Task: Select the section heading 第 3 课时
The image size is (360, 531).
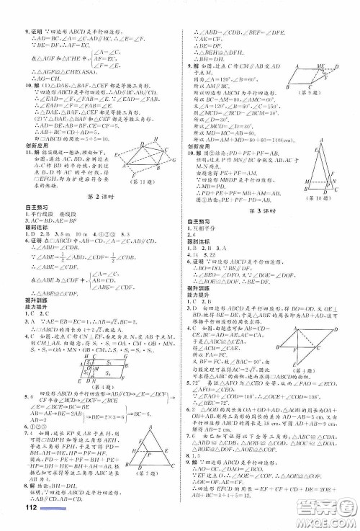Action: pos(266,210)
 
